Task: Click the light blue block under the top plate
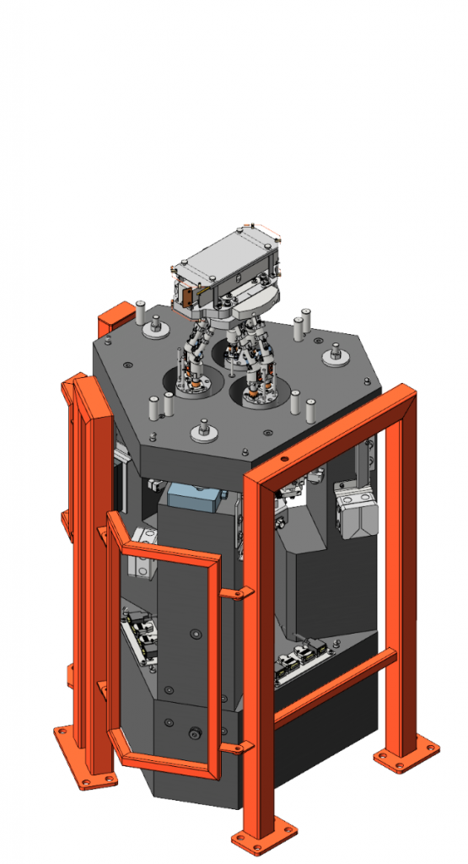(193, 495)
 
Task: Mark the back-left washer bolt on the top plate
(156, 326)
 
